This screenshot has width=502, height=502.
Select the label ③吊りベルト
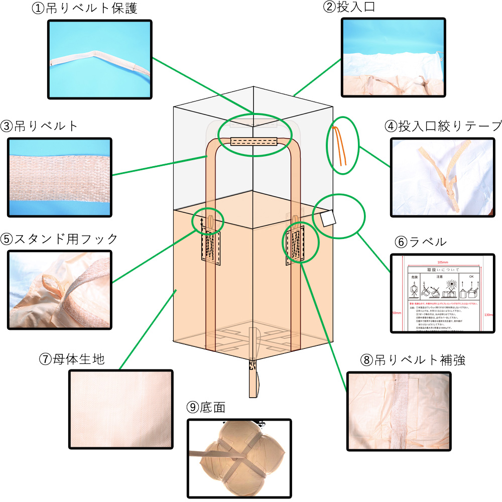coord(40,126)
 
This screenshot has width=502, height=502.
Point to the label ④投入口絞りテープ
coord(443,126)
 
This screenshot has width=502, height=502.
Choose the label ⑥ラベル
coord(420,242)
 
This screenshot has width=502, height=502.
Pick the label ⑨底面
coord(206,407)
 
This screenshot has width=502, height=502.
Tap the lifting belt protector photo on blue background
coord(99,58)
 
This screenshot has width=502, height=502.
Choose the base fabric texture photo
coord(121,410)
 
